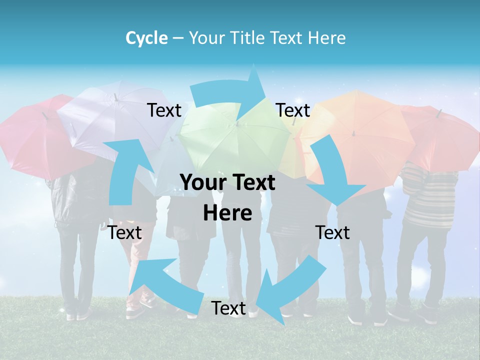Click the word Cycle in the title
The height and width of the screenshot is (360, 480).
pyautogui.click(x=146, y=38)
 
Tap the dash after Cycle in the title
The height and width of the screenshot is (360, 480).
pyautogui.click(x=177, y=38)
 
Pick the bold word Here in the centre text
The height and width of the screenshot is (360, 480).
pyautogui.click(x=227, y=213)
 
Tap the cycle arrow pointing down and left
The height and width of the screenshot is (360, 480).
pyautogui.click(x=290, y=290)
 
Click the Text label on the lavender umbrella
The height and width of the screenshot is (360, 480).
pyautogui.click(x=164, y=110)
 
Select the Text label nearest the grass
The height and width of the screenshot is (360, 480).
pyautogui.click(x=228, y=308)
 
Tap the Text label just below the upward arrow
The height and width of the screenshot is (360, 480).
pyautogui.click(x=124, y=232)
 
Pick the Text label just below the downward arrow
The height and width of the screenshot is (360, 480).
pyautogui.click(x=332, y=232)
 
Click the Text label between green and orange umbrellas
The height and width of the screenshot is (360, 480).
pyautogui.click(x=293, y=110)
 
